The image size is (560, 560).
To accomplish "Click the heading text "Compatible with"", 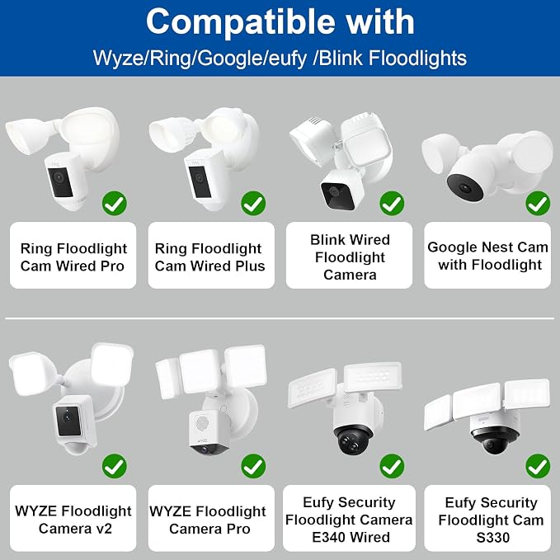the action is pos(280,21).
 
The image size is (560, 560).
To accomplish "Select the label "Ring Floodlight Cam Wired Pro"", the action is pos(73,257).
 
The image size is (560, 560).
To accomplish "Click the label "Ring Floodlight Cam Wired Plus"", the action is pos(210,257).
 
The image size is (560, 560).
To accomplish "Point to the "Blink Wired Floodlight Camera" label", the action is pos(350,257).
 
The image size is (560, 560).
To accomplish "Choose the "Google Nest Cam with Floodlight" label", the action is pos(488,256).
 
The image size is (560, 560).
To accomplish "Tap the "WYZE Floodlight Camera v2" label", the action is pos(73,520).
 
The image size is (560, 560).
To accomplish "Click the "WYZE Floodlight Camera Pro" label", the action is pos(208,520).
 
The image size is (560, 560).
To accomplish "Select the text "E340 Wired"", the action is pos(351,537).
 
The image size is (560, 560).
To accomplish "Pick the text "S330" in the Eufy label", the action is pos(493,538).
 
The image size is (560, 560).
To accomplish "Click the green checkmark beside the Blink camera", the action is pos(392,204).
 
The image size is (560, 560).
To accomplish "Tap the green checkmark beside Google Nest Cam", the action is pos(538,204).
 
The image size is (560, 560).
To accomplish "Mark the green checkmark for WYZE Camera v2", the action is pos(115,466).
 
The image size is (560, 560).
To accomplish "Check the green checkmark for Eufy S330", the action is pos(538,466).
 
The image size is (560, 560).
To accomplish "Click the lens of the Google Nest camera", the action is pos(464,187).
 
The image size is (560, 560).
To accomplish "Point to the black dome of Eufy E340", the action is pos(354,440).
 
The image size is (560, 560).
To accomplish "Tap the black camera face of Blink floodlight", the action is pos(337,195).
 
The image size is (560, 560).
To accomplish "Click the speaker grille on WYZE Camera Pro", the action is pos(202,424).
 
